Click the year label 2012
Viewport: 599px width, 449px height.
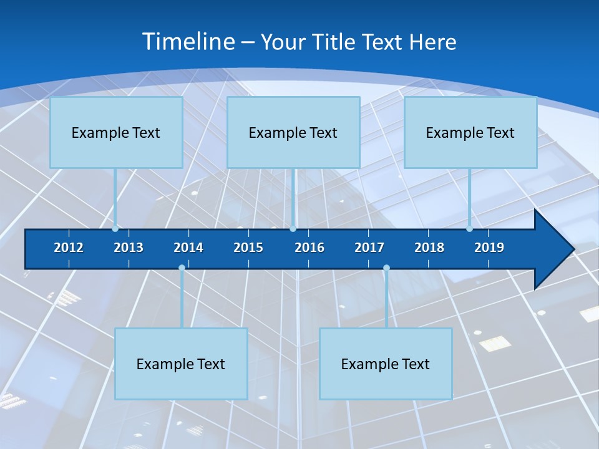[x=69, y=248]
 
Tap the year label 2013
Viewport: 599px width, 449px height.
[x=129, y=248]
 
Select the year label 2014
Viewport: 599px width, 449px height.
[x=188, y=248]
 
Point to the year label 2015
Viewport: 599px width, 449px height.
[x=248, y=248]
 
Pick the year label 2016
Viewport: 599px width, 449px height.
[x=309, y=248]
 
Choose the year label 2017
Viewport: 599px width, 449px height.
[x=369, y=248]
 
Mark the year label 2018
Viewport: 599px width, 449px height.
[x=429, y=248]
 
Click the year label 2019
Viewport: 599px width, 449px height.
[x=489, y=248]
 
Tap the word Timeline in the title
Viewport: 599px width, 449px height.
[x=188, y=42]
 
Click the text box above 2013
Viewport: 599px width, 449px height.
[x=116, y=132]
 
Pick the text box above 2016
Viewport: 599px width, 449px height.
[x=293, y=132]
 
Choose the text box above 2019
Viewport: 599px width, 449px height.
[x=470, y=132]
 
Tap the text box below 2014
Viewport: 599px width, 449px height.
[x=181, y=364]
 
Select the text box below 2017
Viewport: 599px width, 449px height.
[x=386, y=364]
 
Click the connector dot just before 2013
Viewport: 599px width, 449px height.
[x=115, y=229]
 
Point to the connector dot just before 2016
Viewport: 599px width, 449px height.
[x=293, y=229]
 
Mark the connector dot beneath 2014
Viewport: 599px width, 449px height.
[x=182, y=268]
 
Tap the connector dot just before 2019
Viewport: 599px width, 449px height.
[x=470, y=229]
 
